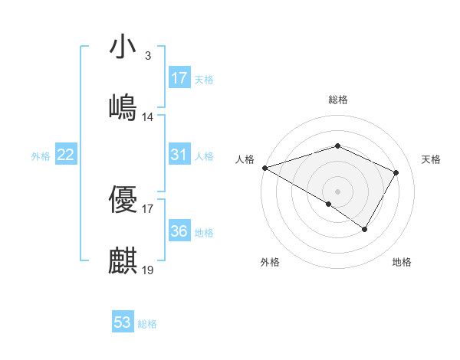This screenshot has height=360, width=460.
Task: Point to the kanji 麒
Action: click(123, 260)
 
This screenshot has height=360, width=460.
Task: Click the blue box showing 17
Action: click(179, 78)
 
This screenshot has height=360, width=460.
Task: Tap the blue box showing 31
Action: click(179, 155)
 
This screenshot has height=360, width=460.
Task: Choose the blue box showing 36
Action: click(179, 231)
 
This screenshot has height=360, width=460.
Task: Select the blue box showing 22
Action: click(66, 155)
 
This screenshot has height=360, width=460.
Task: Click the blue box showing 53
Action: click(123, 322)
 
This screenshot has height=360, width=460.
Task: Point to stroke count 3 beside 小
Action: click(148, 56)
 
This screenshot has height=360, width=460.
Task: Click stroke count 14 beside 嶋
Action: click(148, 117)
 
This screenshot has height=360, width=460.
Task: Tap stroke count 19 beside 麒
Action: click(148, 270)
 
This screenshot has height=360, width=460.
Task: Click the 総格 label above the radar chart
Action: click(338, 100)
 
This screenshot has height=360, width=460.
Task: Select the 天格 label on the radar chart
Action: click(432, 159)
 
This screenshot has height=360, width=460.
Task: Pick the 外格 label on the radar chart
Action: click(270, 262)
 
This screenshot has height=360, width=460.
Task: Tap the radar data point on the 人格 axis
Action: click(264, 168)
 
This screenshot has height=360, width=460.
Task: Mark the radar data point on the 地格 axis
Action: click(365, 229)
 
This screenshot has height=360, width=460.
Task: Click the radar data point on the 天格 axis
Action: click(396, 172)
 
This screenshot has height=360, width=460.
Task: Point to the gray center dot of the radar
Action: click(337, 191)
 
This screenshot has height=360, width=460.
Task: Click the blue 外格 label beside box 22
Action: click(41, 155)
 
